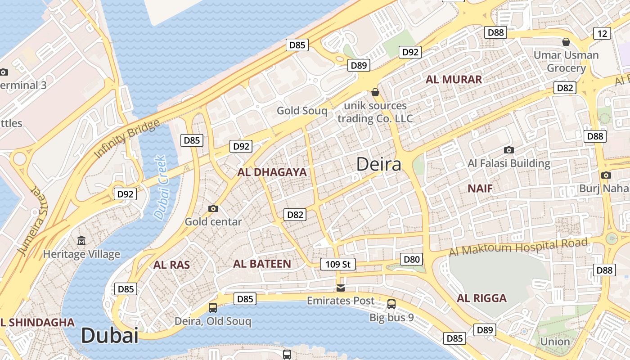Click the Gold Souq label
[302, 111]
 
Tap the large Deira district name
[378, 164]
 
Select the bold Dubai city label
[109, 336]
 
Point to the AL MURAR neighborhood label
[454, 80]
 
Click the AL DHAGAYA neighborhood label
[272, 172]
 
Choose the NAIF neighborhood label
[480, 188]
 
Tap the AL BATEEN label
[262, 264]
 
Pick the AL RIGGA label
[481, 298]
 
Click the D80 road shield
[411, 259]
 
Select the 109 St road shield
[337, 264]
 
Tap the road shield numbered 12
[602, 33]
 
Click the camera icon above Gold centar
[213, 208]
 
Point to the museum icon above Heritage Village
[81, 241]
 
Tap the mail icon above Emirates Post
[341, 288]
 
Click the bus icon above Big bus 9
[391, 304]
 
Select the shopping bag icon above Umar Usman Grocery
[566, 42]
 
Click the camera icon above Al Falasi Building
[509, 150]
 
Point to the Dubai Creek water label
[160, 188]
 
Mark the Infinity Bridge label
[127, 139]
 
